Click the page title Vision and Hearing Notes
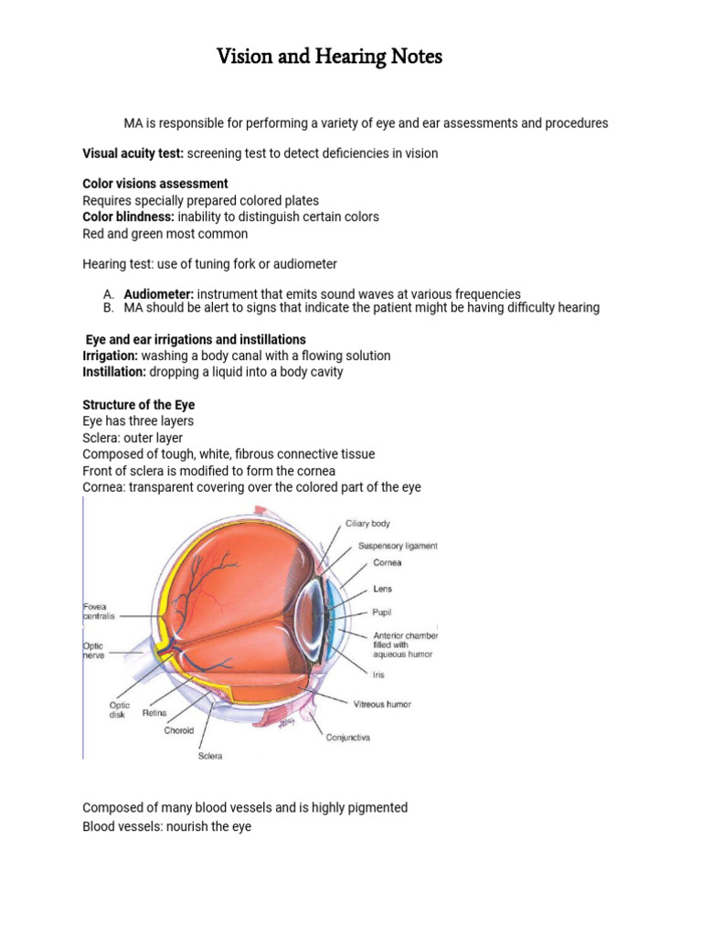pos(329,58)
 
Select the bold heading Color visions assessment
pos(155,184)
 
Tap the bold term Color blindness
pos(128,217)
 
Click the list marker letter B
pos(108,308)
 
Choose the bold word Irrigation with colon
pos(111,356)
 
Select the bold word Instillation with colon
pos(114,372)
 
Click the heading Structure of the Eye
pos(138,405)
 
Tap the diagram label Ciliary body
pos(367,524)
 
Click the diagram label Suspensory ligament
pos(398,546)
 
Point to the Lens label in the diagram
pos(382,590)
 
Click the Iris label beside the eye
pos(378,675)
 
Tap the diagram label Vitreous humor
pos(382,705)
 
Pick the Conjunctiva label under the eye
pos(348,738)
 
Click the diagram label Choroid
pos(179,730)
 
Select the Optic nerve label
pos(95,649)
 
